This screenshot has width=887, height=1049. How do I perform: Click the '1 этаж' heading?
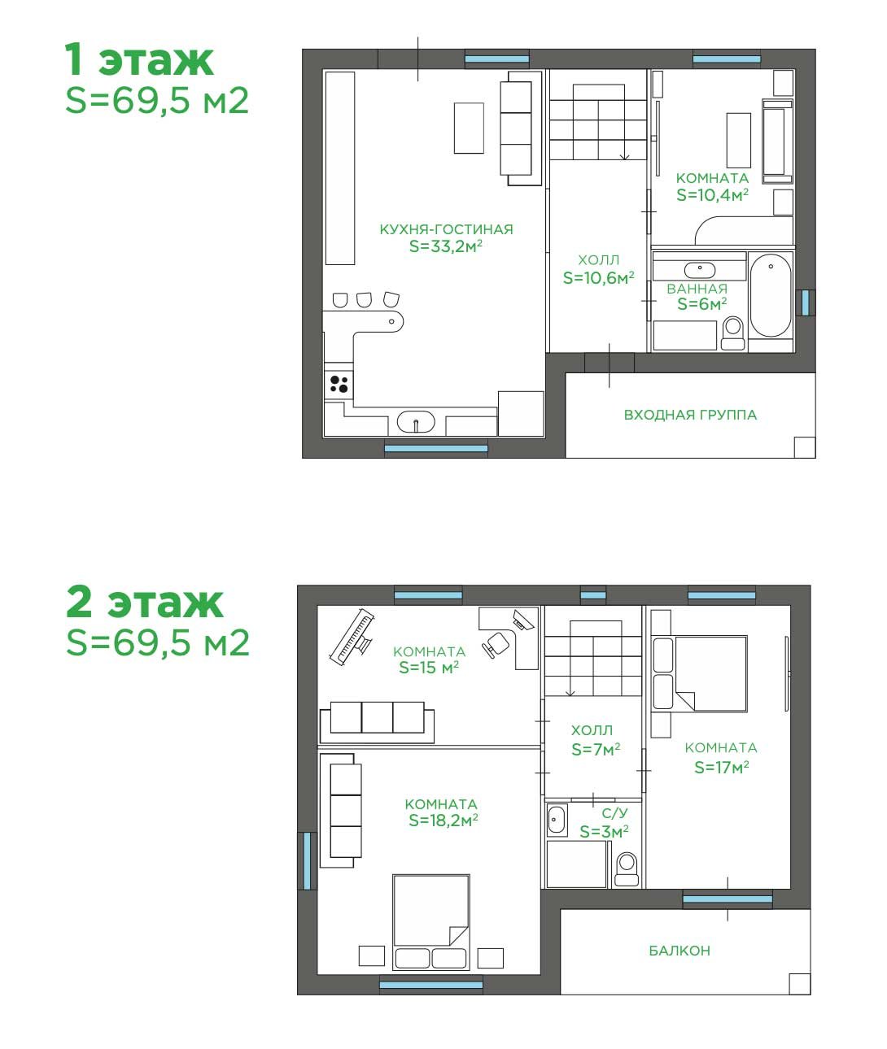(139, 60)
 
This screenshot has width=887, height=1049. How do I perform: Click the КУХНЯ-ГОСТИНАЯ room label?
(446, 229)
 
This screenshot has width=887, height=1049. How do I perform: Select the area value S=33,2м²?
(446, 246)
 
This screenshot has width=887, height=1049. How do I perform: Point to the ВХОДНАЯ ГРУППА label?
(690, 415)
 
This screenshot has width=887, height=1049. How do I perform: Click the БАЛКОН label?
(679, 951)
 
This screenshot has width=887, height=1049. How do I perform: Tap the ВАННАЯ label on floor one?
(697, 289)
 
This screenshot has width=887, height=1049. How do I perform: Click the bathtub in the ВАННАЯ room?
(771, 295)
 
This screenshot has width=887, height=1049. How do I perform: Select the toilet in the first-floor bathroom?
(732, 333)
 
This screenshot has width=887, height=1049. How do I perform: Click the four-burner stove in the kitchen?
(339, 385)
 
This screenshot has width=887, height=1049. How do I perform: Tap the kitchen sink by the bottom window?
(416, 422)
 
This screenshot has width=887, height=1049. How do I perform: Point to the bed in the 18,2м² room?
(431, 923)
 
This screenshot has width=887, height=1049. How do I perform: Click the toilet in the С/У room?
(627, 869)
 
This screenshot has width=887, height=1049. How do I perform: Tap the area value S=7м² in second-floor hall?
(596, 750)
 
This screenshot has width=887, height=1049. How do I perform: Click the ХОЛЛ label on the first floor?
(598, 260)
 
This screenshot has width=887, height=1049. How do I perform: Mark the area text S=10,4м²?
(713, 195)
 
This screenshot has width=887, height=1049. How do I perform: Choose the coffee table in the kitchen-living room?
(470, 128)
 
